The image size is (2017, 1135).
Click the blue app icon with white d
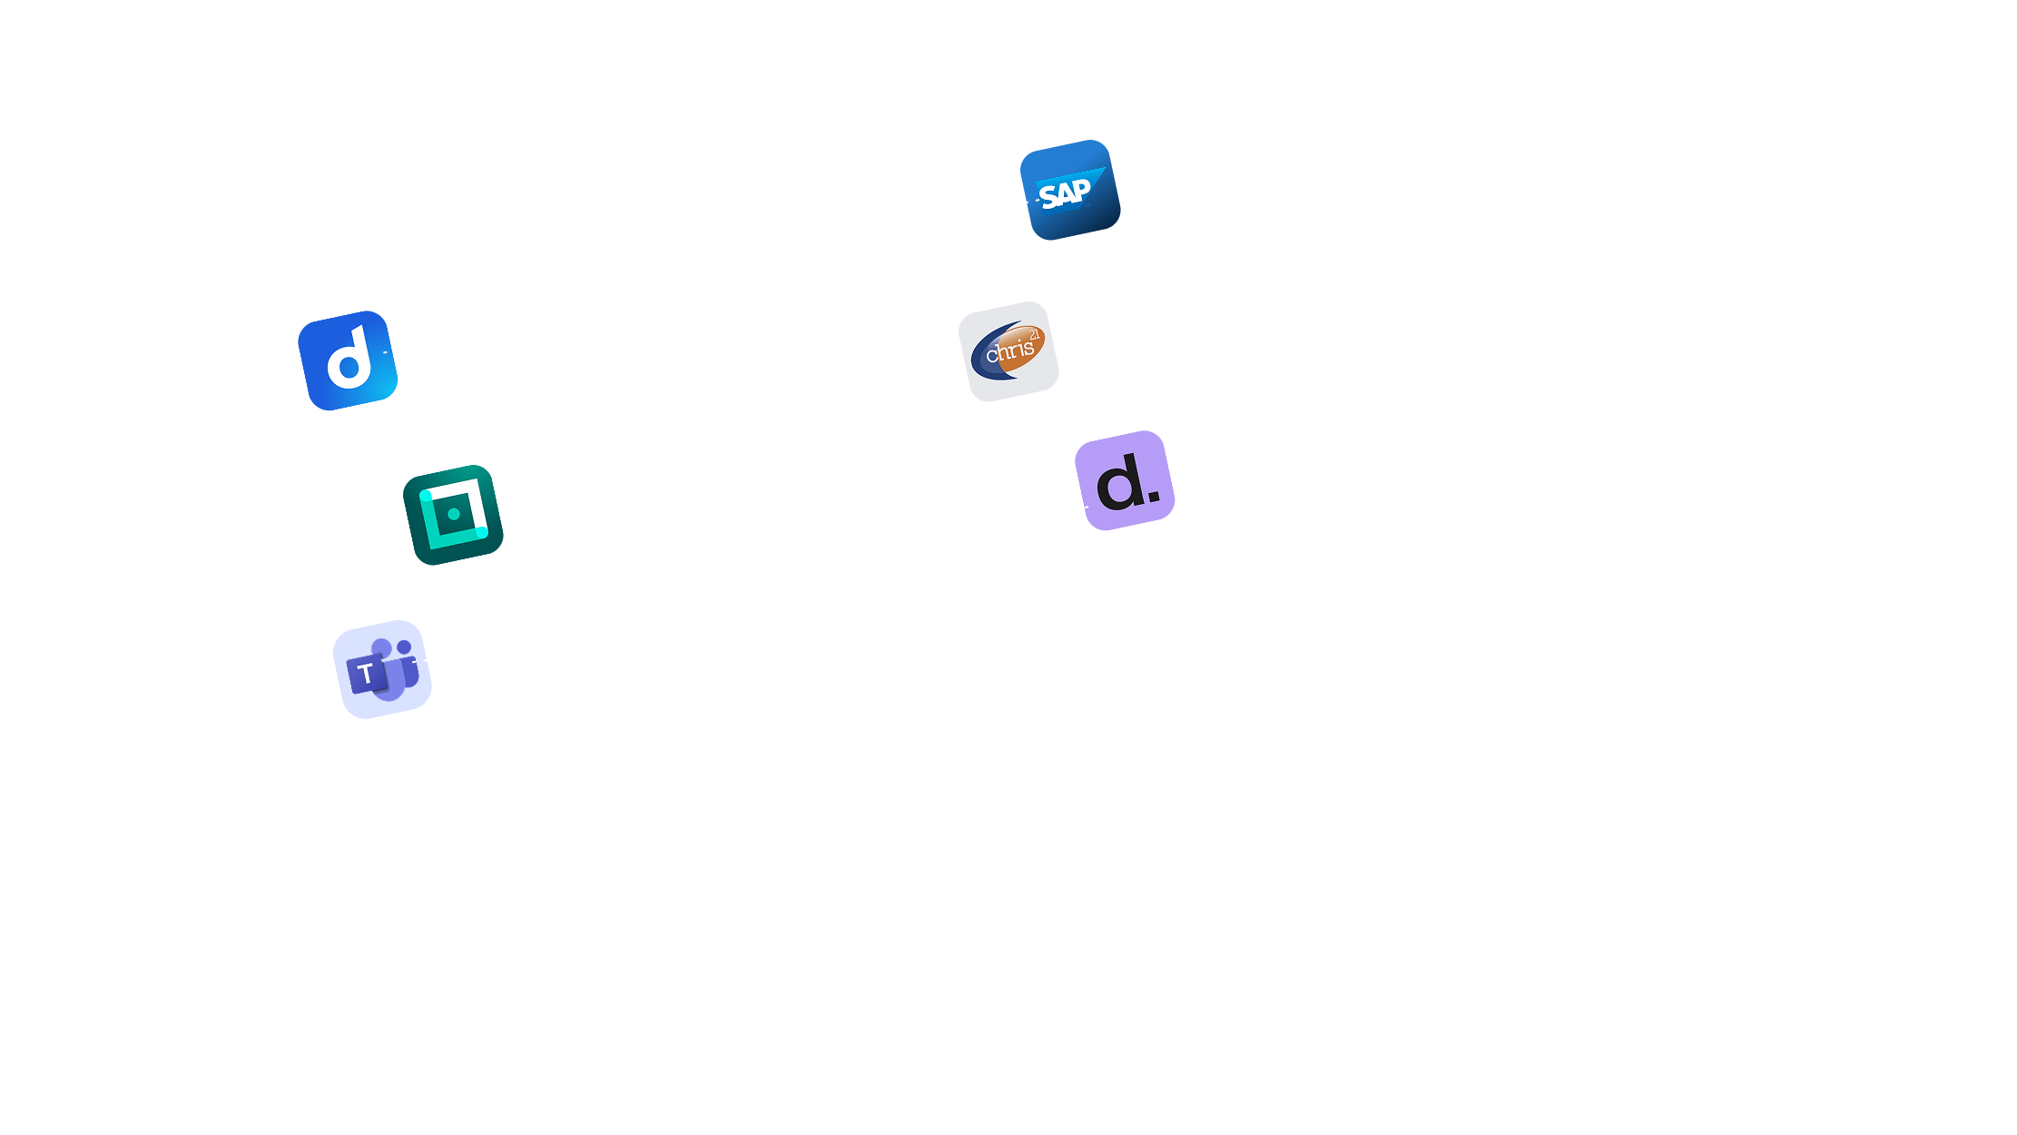click(348, 360)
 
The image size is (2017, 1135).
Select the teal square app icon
click(453, 515)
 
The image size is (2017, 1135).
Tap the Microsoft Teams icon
click(382, 669)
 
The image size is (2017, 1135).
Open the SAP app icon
click(1070, 190)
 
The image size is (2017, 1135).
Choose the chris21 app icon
click(1008, 351)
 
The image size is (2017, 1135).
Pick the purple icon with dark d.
click(1125, 480)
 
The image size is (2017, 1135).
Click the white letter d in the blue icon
click(350, 359)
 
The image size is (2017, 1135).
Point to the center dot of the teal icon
click(454, 514)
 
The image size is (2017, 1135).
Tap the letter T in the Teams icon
click(366, 674)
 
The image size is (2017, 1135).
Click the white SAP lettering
click(1064, 193)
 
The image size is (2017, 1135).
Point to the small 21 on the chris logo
click(1034, 335)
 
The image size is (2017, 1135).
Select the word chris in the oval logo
click(1009, 350)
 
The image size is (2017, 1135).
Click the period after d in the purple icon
click(1153, 496)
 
